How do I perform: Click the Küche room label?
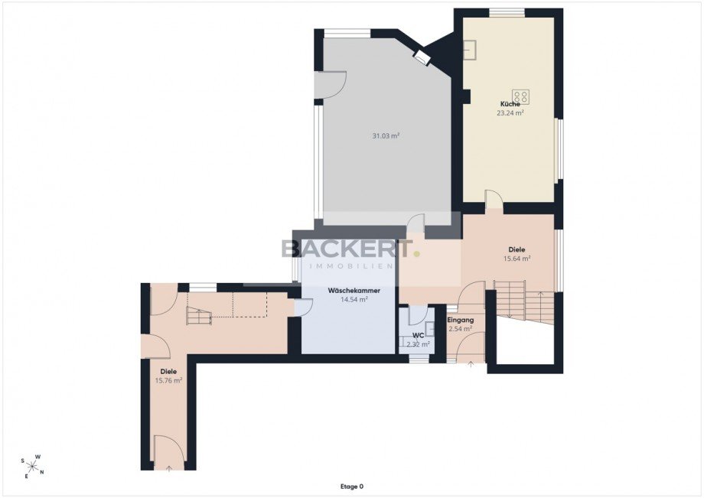[x=510, y=104]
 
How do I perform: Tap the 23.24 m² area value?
[x=510, y=113]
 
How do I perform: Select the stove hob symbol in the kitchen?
[x=521, y=97]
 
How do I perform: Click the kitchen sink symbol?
[x=470, y=50]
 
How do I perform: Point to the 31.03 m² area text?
[x=386, y=135]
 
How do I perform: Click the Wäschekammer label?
[x=354, y=291]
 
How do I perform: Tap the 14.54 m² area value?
[x=354, y=300]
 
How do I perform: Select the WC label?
[x=419, y=336]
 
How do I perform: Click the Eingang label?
[x=461, y=321]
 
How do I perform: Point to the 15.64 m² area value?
[x=517, y=259]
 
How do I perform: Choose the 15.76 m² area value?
[x=168, y=380]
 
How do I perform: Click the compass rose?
[x=32, y=466]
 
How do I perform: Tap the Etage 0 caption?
[x=351, y=487]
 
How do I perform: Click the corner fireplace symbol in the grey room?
[x=422, y=57]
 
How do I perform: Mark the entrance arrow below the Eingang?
[x=471, y=364]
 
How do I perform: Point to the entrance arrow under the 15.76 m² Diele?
[x=169, y=469]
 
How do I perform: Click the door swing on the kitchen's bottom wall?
[x=494, y=199]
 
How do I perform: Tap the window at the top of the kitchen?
[x=507, y=13]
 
